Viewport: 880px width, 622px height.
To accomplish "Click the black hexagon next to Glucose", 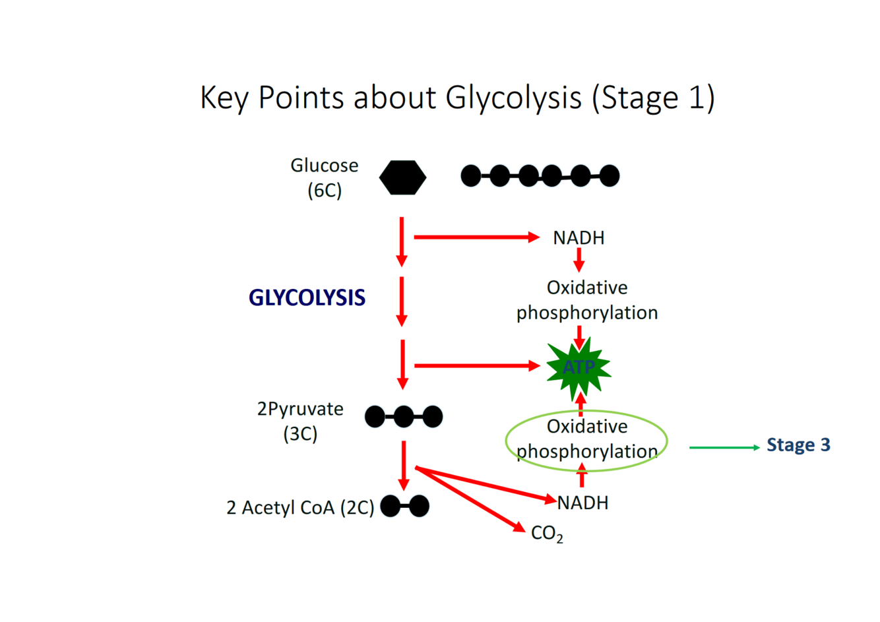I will point(402,177).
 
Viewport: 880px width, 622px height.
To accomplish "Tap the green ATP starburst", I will point(579,367).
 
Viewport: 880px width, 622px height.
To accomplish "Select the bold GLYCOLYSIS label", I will point(307,298).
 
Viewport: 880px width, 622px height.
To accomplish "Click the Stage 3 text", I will point(798,445).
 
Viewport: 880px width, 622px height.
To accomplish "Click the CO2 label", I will point(547,533).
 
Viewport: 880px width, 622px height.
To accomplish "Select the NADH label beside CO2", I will point(582,503).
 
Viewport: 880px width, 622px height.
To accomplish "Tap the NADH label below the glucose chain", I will point(579,237).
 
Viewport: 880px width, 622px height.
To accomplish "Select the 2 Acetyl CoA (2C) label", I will point(300,507).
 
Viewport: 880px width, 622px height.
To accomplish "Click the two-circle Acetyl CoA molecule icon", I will point(405,506).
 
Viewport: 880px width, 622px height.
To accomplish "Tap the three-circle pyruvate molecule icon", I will point(404,417).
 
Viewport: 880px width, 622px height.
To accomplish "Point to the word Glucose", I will point(325,166).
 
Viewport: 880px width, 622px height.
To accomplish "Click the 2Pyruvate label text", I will point(300,409).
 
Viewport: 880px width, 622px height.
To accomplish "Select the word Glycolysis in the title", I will point(513,98).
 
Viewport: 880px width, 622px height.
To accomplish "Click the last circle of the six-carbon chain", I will point(609,176).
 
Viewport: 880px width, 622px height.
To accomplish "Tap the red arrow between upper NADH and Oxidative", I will point(579,260).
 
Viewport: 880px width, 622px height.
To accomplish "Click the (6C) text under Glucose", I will point(325,191).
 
